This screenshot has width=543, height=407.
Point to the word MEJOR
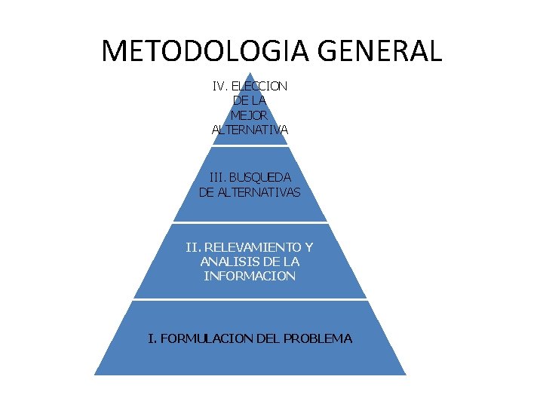[250, 115]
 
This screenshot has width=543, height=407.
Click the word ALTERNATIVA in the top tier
[250, 130]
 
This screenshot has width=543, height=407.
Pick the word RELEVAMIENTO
[253, 246]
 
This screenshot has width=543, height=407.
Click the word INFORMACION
[250, 276]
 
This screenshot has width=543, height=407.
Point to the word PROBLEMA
[318, 338]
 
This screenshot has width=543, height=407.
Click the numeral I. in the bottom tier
[152, 338]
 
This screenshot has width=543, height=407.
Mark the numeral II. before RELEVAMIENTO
[193, 246]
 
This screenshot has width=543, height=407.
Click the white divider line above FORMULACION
[250, 299]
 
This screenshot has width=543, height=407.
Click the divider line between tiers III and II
[250, 223]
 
